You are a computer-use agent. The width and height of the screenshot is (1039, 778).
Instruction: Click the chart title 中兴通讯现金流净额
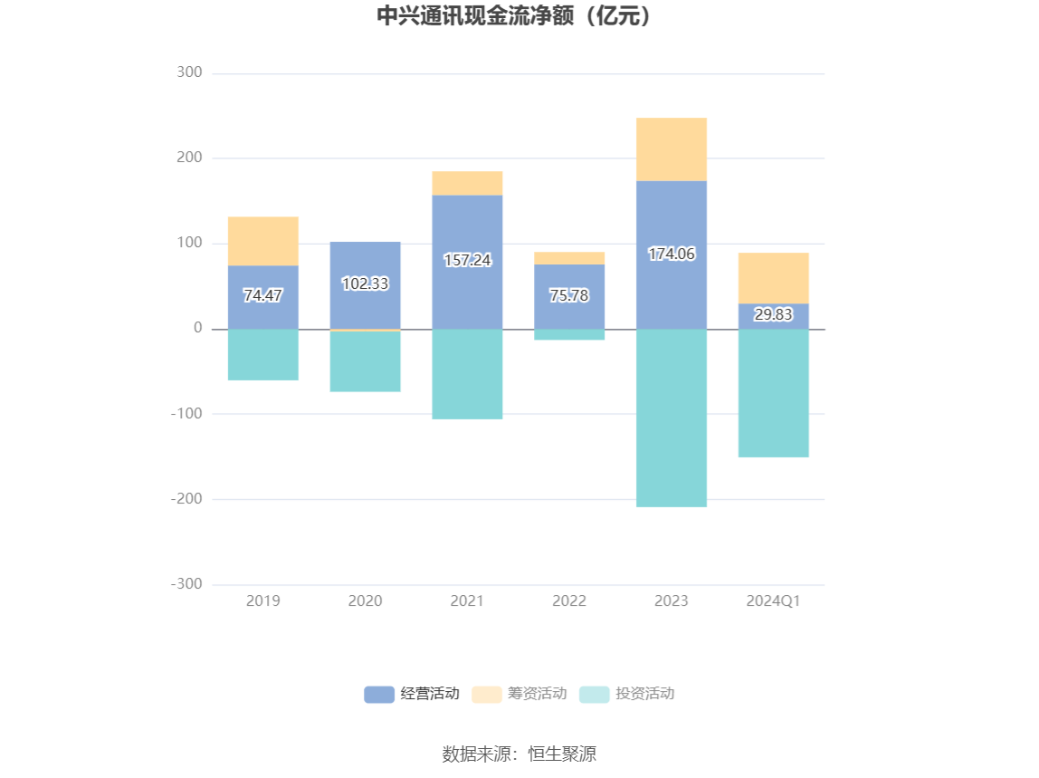pos(514,16)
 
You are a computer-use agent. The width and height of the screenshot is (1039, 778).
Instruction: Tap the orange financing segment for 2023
pos(671,149)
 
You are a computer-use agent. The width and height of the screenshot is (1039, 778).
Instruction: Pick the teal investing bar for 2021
pos(467,374)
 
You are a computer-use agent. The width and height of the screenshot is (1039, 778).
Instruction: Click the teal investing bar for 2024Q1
pos(773,393)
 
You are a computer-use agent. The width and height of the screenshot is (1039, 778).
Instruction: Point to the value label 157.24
pos(467,260)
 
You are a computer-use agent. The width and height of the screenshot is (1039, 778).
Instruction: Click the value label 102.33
pos(365,283)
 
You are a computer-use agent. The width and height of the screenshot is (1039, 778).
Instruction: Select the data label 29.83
pos(773,314)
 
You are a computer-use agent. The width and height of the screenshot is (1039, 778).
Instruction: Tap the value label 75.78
pos(569,295)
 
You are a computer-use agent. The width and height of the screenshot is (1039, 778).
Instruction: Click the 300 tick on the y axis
pos(189,73)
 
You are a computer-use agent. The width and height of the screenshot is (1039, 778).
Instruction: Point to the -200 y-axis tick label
pos(186,499)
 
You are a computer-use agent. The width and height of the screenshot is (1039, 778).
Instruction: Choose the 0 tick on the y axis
pos(197,329)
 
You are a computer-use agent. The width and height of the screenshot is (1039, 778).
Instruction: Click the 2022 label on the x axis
pos(569,600)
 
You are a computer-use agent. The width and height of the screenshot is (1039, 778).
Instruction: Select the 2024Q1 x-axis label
pos(773,600)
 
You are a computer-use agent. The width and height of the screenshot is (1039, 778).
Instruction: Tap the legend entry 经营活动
pos(412,694)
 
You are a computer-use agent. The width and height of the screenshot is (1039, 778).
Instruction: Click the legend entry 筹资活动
pos(519,694)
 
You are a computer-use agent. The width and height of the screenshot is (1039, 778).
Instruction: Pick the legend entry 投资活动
pos(627,694)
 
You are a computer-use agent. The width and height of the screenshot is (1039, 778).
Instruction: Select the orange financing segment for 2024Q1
pos(773,278)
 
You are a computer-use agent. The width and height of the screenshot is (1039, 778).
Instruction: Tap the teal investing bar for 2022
pos(569,334)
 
